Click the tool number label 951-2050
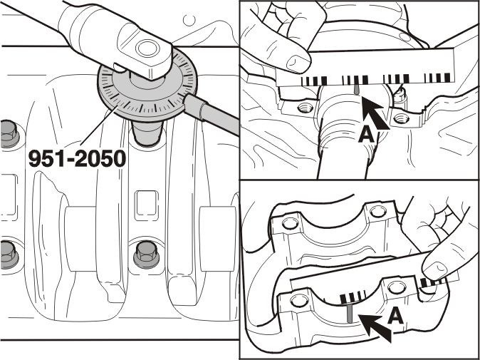click(77, 159)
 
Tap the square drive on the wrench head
click(147, 48)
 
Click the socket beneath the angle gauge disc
click(147, 133)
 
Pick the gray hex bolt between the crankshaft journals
click(147, 255)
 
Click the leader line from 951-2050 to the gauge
click(98, 125)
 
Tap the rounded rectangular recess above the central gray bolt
click(147, 203)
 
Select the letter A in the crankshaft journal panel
click(366, 135)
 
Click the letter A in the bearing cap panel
click(396, 317)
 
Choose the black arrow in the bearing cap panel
click(375, 329)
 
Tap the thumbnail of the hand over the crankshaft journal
click(298, 63)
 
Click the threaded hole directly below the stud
click(401, 118)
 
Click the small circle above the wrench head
click(189, 20)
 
